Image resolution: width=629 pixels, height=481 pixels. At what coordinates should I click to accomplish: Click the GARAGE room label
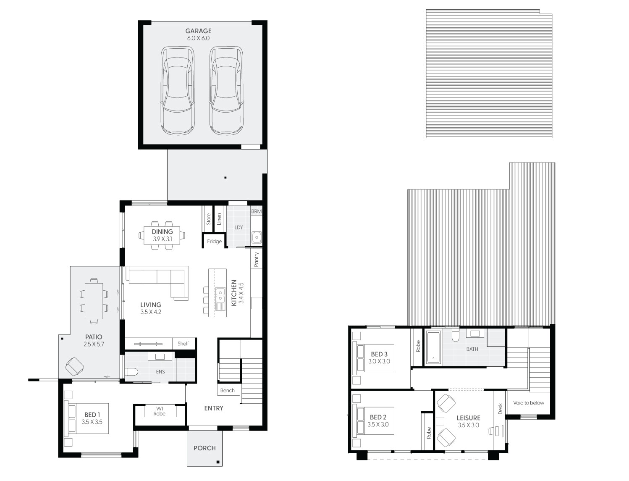tap(199, 31)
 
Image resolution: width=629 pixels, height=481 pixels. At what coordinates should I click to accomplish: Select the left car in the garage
tap(177, 90)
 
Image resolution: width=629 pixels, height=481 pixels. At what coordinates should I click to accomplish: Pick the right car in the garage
tap(226, 90)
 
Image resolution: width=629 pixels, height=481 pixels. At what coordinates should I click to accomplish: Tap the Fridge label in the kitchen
tap(214, 242)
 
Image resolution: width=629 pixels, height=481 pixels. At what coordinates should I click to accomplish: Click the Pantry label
tap(256, 259)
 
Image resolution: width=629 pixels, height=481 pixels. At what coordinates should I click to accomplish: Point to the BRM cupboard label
tap(256, 211)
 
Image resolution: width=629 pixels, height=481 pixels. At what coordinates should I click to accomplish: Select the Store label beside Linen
tap(208, 219)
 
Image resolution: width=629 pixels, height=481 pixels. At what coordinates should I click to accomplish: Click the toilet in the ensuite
tap(131, 372)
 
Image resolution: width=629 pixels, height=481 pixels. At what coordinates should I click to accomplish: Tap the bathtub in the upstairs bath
tap(433, 347)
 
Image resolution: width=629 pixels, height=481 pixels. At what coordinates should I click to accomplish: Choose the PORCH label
tap(204, 448)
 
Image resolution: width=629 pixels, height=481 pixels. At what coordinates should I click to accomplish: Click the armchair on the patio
tap(74, 367)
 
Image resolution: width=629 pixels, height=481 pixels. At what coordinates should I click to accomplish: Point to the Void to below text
tap(529, 403)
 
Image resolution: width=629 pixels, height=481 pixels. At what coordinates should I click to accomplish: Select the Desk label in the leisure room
tap(500, 409)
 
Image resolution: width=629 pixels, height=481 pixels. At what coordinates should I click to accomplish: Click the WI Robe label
tap(160, 411)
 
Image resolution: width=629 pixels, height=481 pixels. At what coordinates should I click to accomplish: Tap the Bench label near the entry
tap(227, 390)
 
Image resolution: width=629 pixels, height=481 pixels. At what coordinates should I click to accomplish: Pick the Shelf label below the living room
tap(183, 344)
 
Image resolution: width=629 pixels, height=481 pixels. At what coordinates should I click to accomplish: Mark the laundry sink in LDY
tap(257, 238)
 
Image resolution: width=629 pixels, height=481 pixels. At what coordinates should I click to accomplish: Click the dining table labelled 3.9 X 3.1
tap(162, 235)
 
